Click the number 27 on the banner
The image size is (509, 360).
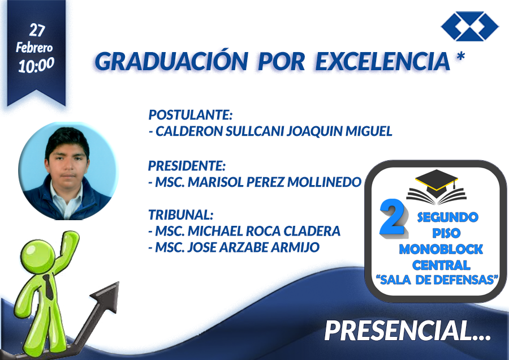click(37, 30)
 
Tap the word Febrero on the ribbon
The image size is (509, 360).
click(34, 48)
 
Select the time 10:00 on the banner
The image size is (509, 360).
click(36, 65)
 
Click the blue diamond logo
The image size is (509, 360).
click(469, 26)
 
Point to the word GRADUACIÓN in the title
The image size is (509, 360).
click(171, 61)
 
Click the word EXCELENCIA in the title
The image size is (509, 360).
click(383, 61)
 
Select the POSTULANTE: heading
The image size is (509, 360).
click(191, 115)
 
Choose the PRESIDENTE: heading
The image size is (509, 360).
click(187, 166)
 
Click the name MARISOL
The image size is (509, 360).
click(216, 182)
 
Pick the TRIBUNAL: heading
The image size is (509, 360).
click(181, 215)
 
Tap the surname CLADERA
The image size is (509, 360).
click(312, 231)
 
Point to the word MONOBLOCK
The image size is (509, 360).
click(441, 250)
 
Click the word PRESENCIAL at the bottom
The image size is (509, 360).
click(398, 331)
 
